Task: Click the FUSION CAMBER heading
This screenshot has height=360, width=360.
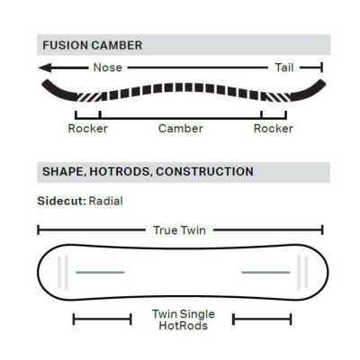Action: pyautogui.click(x=93, y=45)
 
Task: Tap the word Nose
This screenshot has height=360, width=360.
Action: pyautogui.click(x=108, y=67)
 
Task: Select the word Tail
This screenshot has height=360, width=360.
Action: pyautogui.click(x=284, y=67)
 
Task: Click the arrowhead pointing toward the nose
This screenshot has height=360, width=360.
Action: pyautogui.click(x=45, y=67)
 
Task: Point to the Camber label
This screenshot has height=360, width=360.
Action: pyautogui.click(x=181, y=129)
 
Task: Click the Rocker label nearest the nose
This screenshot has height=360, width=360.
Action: pyautogui.click(x=87, y=129)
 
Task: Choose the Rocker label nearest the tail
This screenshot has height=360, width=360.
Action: pyautogui.click(x=274, y=129)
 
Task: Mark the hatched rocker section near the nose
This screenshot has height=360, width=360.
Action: pyautogui.click(x=89, y=96)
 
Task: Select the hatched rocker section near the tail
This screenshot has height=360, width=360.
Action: pyautogui.click(x=276, y=96)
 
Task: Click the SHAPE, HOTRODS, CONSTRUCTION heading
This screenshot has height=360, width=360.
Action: pyautogui.click(x=148, y=172)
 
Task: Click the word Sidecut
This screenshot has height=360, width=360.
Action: pyautogui.click(x=62, y=201)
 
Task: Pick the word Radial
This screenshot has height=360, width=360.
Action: pyautogui.click(x=106, y=201)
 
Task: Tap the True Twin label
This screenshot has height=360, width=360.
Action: pyautogui.click(x=179, y=230)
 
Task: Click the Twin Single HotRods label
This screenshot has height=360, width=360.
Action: pyautogui.click(x=184, y=319)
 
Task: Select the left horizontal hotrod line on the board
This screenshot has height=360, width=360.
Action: pyautogui.click(x=100, y=273)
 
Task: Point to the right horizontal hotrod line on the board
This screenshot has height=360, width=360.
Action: pyautogui.click(x=265, y=273)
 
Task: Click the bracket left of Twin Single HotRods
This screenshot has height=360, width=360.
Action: pyautogui.click(x=103, y=319)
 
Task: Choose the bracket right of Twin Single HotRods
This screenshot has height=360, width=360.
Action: pyautogui.click(x=262, y=319)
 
